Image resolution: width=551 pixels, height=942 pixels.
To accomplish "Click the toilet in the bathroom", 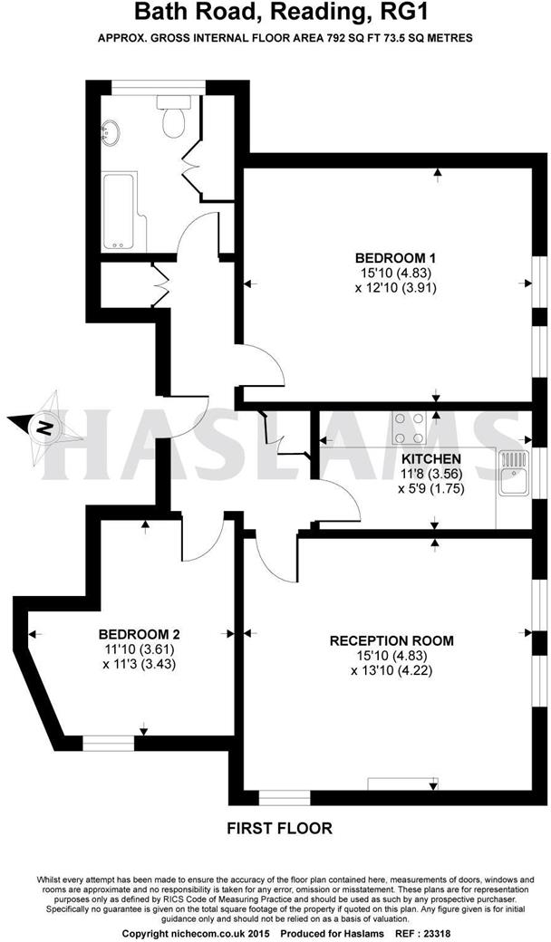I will (x=172, y=119).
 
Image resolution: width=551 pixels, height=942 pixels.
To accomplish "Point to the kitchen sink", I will (x=514, y=473).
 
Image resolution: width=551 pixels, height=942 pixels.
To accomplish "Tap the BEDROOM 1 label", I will (x=389, y=255).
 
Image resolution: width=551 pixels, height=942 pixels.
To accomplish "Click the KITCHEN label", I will (x=431, y=458).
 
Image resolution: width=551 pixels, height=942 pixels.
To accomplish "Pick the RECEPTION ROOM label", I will (x=391, y=640).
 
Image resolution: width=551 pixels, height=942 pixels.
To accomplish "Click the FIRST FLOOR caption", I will (x=279, y=827).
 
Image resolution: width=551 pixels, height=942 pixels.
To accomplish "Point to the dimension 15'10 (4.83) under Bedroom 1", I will (x=389, y=271).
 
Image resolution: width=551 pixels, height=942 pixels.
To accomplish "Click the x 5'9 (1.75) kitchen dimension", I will (x=431, y=487).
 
